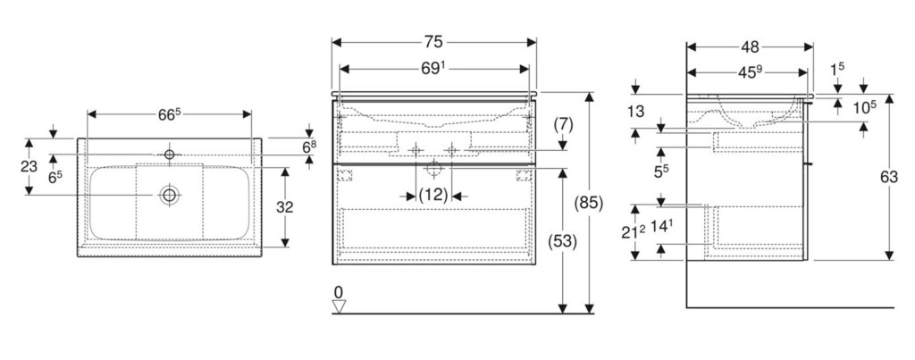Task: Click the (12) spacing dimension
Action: pyautogui.click(x=433, y=195)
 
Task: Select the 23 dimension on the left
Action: pyautogui.click(x=29, y=166)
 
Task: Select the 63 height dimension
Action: pyautogui.click(x=888, y=178)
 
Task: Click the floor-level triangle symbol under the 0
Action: pyautogui.click(x=339, y=306)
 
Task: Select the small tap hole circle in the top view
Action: pyautogui.click(x=169, y=155)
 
